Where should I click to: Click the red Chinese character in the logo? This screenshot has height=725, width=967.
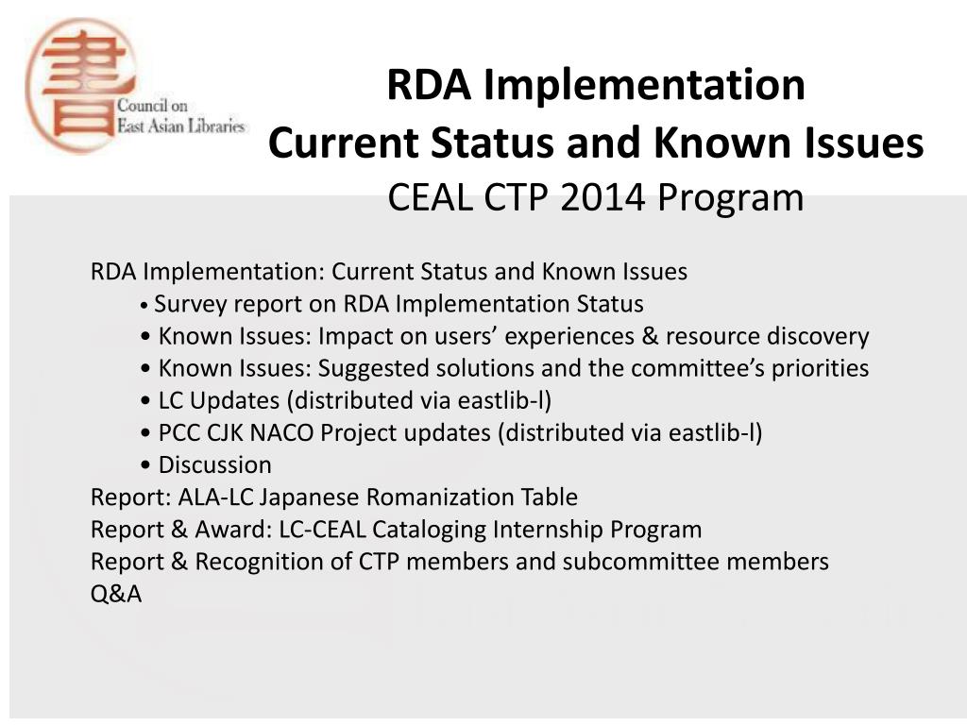click(x=81, y=85)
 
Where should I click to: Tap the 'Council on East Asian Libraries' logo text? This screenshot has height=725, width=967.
click(x=180, y=116)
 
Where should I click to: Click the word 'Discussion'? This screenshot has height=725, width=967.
click(x=214, y=464)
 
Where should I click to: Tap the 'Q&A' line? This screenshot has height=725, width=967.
click(x=116, y=594)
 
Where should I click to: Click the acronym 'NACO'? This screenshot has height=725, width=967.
click(x=281, y=432)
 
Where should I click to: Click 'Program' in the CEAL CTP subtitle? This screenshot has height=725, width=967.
click(x=731, y=198)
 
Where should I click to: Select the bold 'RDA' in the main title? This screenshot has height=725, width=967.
click(x=428, y=84)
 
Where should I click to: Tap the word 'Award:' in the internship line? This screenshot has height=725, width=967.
click(x=233, y=530)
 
